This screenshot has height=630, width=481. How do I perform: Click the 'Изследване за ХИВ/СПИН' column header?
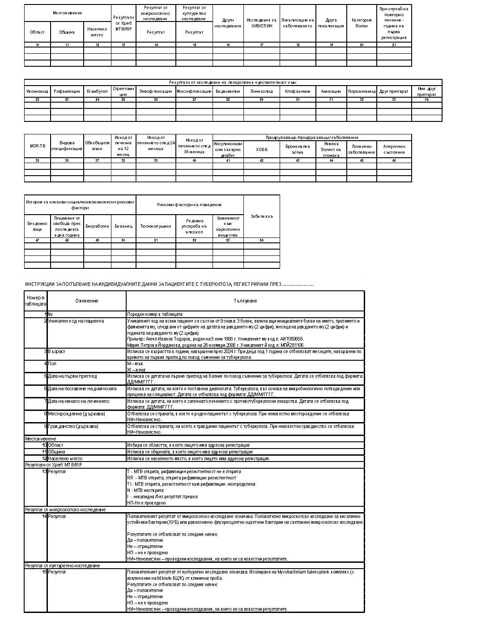pyautogui.click(x=262, y=23)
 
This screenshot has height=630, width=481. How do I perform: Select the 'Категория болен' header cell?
pyautogui.click(x=362, y=23)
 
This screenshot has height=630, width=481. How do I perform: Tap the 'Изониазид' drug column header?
pyautogui.click(x=37, y=91)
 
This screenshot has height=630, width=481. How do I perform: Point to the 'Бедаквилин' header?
pyautogui.click(x=228, y=91)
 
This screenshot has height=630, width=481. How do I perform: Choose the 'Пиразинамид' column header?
pyautogui.click(x=362, y=91)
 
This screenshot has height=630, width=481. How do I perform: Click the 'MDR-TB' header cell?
pyautogui.click(x=37, y=146)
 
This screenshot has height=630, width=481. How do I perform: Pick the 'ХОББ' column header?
pyautogui.click(x=262, y=149)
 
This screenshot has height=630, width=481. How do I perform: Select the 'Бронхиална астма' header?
pyautogui.click(x=298, y=149)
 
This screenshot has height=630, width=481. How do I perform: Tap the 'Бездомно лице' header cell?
pyautogui.click(x=37, y=226)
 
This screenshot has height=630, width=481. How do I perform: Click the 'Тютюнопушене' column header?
pyautogui.click(x=156, y=226)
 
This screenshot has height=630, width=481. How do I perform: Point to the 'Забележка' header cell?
pyautogui.click(x=262, y=216)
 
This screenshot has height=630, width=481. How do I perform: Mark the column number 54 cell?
pyautogui.click(x=262, y=241)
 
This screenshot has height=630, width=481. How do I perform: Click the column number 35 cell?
pyautogui.click(x=37, y=160)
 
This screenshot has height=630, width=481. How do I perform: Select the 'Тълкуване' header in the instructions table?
pyautogui.click(x=245, y=301)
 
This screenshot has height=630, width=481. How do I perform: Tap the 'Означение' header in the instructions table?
pyautogui.click(x=86, y=301)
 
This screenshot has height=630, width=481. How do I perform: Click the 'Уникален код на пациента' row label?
pyautogui.click(x=76, y=321)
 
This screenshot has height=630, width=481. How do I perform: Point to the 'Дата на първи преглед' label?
pyautogui.click(x=72, y=376)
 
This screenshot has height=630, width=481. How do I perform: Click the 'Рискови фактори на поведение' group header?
pyautogui.click(x=190, y=205)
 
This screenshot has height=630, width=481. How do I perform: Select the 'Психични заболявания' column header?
pyautogui.click(x=362, y=149)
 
